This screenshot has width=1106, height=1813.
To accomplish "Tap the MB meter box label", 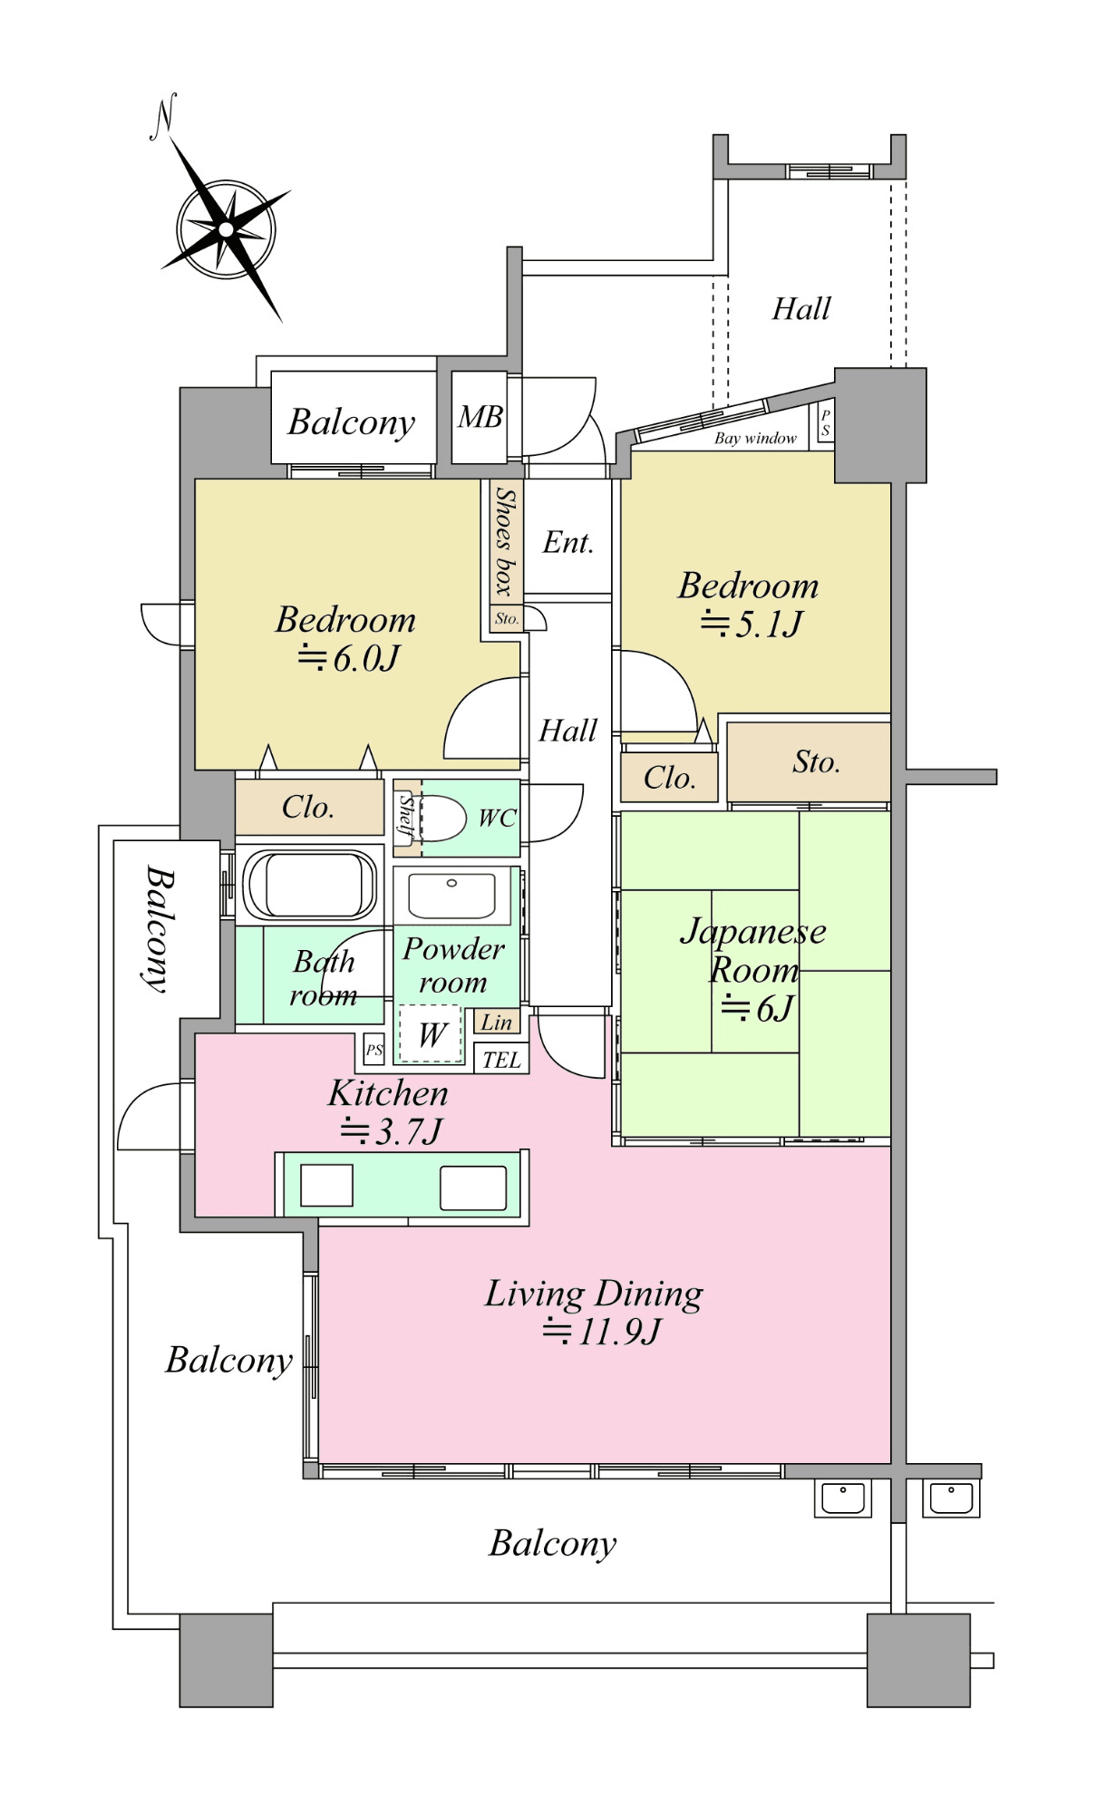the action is coord(480,417).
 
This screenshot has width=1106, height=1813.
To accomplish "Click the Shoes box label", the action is coord(503,541).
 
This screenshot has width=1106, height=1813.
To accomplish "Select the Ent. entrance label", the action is coord(568,542).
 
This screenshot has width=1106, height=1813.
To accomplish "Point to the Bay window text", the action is coord(755,439).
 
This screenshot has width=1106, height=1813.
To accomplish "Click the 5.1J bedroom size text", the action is coord(752,625).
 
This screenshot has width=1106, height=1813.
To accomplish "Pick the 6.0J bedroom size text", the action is coord(349,659).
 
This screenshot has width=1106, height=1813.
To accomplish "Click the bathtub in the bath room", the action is coord(310,885).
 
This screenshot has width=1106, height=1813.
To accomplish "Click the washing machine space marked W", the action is coord(432,1034).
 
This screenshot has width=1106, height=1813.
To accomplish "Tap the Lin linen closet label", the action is coord(497,1023).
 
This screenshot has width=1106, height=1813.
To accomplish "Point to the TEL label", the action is coord(501,1060).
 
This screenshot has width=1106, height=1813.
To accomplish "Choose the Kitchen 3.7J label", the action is coord(389,1112).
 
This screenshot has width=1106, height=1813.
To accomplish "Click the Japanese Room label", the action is coord(753,950).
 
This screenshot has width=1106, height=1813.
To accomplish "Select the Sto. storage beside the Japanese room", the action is coord(816,762).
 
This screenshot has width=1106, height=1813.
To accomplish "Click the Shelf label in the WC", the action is coord(407,815).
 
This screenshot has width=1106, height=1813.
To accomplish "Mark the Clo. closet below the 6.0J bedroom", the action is coord(308,807).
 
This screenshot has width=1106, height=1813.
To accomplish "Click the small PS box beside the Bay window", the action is coord(824,422).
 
